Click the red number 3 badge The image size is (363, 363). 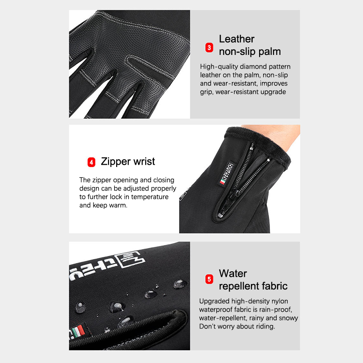209,48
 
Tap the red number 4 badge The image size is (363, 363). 91,162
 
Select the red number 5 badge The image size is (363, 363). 209,279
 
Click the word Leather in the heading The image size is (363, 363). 236,39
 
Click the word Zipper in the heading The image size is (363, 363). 116,162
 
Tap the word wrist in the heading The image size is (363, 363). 144,162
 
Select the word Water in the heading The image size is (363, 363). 233,274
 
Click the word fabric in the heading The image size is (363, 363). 275,286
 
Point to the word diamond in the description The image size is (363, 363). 253,67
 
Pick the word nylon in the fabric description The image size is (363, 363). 280,301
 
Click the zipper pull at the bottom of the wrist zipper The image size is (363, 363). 220,215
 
